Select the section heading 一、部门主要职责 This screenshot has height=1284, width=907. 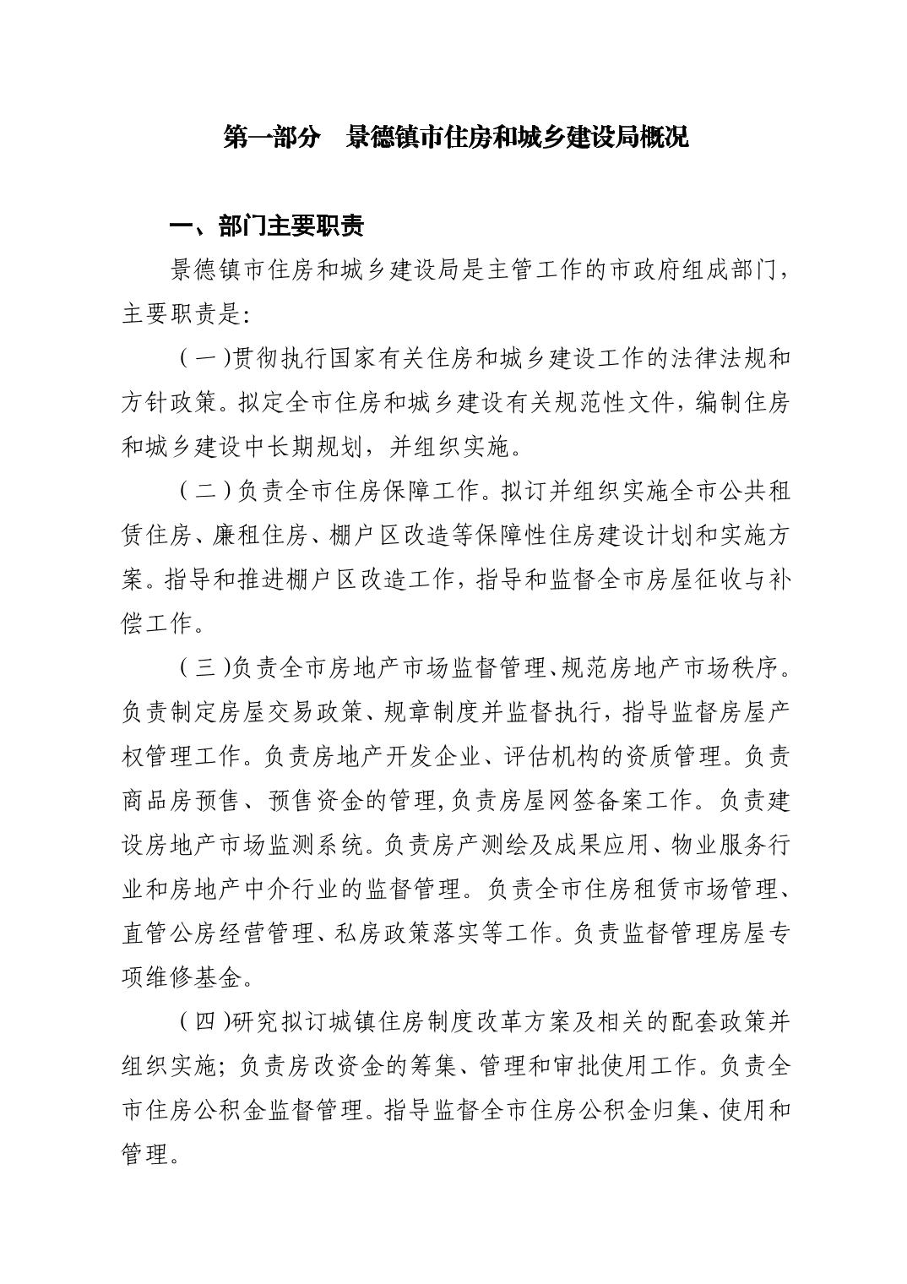267,226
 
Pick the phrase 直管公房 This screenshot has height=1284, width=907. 170,933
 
